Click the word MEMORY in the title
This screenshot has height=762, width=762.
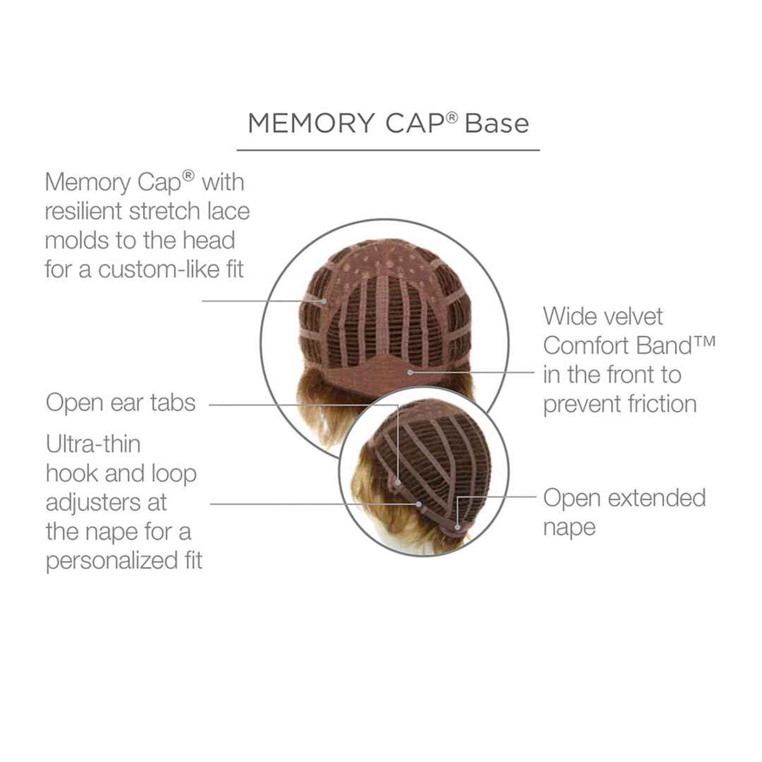pyautogui.click(x=311, y=123)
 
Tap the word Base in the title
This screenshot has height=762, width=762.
pyautogui.click(x=497, y=123)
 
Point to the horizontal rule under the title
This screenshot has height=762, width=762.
pyautogui.click(x=388, y=150)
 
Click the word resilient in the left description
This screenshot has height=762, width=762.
pyautogui.click(x=84, y=211)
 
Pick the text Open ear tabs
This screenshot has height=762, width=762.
pyautogui.click(x=121, y=403)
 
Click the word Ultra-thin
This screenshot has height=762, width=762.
pyautogui.click(x=93, y=444)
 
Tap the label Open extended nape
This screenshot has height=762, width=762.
pyautogui.click(x=624, y=512)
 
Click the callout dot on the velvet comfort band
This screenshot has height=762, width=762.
pyautogui.click(x=410, y=372)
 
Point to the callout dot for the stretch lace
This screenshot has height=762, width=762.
pyautogui.click(x=324, y=302)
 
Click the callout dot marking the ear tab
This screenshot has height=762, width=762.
pyautogui.click(x=398, y=483)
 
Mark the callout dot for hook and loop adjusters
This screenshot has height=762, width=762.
pyautogui.click(x=418, y=504)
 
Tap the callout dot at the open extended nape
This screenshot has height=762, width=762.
pyautogui.click(x=457, y=527)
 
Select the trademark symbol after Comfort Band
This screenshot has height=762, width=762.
pyautogui.click(x=705, y=341)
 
